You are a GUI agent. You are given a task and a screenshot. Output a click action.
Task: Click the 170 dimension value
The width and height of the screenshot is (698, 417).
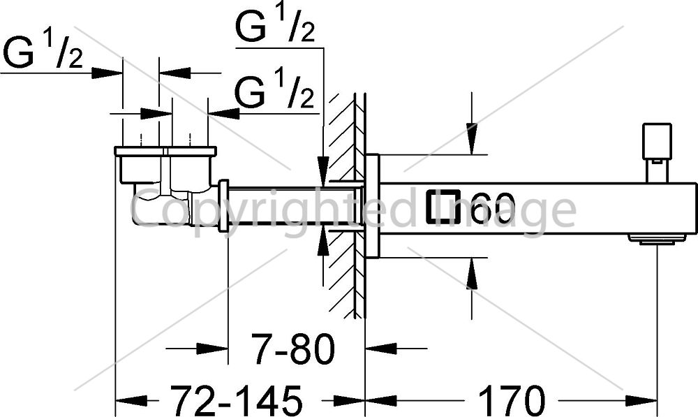[x=512, y=400]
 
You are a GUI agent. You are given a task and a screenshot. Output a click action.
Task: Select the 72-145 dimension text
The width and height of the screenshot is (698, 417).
[x=237, y=400]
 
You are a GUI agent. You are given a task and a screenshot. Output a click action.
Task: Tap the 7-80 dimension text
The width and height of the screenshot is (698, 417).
[x=292, y=349]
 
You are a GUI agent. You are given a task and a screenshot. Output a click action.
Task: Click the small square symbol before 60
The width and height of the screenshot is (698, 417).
[x=443, y=207]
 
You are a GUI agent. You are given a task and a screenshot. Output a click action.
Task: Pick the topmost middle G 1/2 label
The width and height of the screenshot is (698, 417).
[x=275, y=27]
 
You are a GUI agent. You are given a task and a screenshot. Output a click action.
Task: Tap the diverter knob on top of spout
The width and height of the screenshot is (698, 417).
[x=657, y=141]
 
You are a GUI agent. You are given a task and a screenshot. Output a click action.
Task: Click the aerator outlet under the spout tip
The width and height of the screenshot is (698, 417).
[x=657, y=240]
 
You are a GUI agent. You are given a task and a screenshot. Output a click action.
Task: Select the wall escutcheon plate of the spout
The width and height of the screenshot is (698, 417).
[x=372, y=206]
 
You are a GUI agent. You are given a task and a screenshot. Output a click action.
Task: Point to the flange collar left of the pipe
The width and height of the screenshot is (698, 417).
[x=223, y=206]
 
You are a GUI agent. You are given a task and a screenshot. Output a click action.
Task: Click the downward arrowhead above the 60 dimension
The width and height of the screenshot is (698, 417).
[x=471, y=139]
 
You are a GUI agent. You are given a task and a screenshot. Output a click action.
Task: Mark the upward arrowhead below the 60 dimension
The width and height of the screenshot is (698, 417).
[x=471, y=274]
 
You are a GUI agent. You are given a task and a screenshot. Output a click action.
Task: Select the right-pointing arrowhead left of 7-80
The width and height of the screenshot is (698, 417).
[x=212, y=349]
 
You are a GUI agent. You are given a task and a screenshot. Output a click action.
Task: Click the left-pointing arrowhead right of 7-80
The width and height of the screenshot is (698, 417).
[x=380, y=349]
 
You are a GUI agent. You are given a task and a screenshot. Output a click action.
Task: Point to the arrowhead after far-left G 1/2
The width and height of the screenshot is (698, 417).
[x=107, y=73]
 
